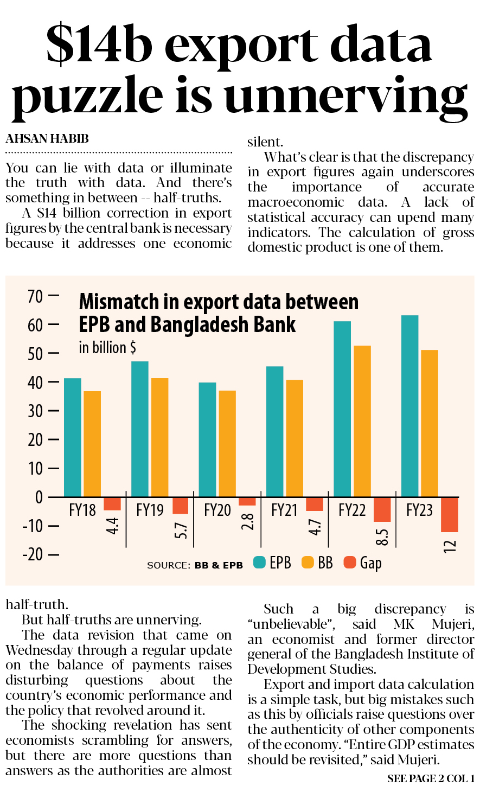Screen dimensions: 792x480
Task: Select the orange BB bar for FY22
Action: coord(362,421)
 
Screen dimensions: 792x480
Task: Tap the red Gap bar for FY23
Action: coord(449,514)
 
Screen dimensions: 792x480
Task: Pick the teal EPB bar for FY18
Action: coord(72,437)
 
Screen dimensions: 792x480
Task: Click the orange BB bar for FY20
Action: coord(227,444)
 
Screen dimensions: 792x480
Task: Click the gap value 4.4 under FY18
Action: coord(112,526)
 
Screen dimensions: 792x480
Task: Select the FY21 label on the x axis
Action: coord(284,510)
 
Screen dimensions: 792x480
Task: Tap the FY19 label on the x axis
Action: coord(150,510)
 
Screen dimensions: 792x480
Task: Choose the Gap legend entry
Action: coord(363,563)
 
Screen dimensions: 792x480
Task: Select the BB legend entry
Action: coord(317,563)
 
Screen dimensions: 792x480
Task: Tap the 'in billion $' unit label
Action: coord(107,347)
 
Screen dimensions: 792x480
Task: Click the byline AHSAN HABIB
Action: coord(47,139)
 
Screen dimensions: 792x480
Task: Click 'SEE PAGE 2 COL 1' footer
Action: coord(431,779)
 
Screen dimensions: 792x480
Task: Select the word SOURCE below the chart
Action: coord(168,565)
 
